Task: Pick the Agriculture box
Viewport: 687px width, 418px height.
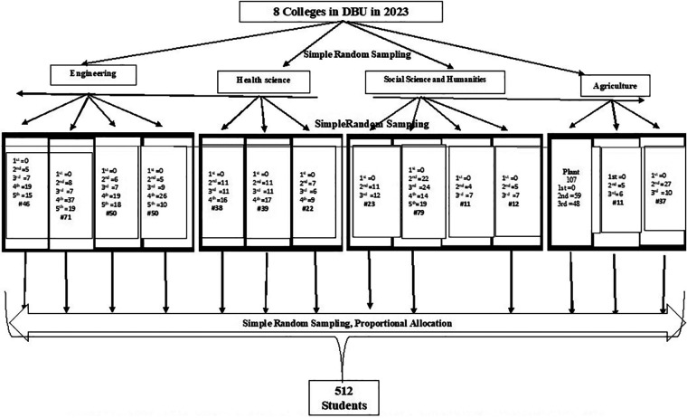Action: pyautogui.click(x=616, y=87)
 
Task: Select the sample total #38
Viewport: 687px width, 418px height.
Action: pyautogui.click(x=216, y=207)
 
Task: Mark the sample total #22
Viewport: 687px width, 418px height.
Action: pyautogui.click(x=307, y=207)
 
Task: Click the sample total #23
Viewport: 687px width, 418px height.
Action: pyautogui.click(x=370, y=204)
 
